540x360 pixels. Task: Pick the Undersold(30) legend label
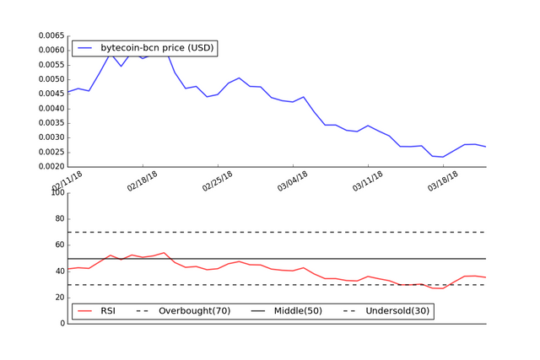pyautogui.click(x=397, y=311)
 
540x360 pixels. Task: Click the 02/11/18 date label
pyautogui.click(x=68, y=180)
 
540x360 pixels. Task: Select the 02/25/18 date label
pyautogui.click(x=219, y=180)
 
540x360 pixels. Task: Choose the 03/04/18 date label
pyautogui.click(x=294, y=180)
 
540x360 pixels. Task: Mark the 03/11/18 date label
pyautogui.click(x=369, y=180)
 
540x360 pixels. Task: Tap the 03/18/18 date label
pyautogui.click(x=444, y=180)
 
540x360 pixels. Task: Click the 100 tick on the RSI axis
pyautogui.click(x=57, y=193)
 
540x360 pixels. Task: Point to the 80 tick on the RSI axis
pyautogui.click(x=59, y=219)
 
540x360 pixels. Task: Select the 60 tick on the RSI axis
pyautogui.click(x=59, y=245)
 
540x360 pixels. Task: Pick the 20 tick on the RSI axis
pyautogui.click(x=59, y=298)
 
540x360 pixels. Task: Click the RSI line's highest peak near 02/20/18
pyautogui.click(x=165, y=252)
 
